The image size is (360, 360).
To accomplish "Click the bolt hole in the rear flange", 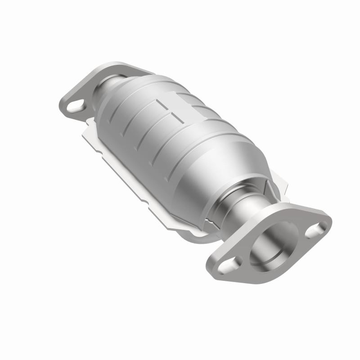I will [76, 106].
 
